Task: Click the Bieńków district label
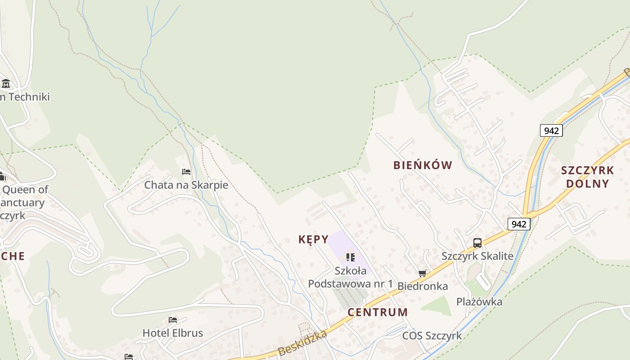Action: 423,165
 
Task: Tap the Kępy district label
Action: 313,239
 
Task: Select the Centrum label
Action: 378,312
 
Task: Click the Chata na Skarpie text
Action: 186,185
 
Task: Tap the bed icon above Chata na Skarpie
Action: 186,172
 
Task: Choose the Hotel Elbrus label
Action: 172,333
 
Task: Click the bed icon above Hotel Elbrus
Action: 172,320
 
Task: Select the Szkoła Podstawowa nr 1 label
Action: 351,277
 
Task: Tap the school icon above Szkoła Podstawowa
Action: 350,257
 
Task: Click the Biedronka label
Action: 423,286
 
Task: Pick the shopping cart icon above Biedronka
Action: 422,273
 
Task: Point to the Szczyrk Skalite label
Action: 477,256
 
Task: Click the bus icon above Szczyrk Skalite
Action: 477,243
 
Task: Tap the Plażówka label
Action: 479,301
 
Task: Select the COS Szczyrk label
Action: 432,336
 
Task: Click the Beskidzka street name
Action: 302,343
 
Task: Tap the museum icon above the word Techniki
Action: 6,84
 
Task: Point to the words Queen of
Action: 25,189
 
